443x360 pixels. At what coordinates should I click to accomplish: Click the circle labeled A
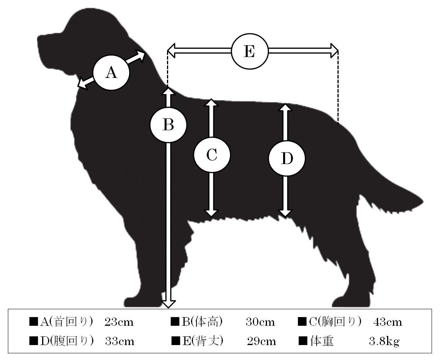point(111,72)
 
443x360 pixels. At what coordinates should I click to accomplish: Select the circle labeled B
point(169,124)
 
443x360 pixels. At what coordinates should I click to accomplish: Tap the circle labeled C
point(212,155)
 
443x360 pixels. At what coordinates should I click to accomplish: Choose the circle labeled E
point(250,52)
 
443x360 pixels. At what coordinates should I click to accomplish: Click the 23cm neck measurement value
point(119,322)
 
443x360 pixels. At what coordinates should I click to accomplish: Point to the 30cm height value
point(260,322)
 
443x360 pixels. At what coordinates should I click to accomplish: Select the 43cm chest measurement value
point(387,322)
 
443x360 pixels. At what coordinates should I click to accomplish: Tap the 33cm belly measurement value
point(120,342)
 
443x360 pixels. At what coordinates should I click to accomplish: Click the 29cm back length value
point(261,342)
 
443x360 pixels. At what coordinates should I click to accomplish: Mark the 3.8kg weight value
point(384,342)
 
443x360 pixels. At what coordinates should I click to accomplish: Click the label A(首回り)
point(67,322)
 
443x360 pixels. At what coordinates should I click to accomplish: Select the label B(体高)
point(202,322)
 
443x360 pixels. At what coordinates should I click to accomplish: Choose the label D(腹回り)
point(67,341)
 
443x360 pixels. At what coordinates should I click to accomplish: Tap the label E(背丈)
point(203,341)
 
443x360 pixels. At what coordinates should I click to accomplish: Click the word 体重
point(321,341)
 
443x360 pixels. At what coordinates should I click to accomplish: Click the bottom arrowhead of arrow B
point(169,303)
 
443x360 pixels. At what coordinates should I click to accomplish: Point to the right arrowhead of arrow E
point(334,51)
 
